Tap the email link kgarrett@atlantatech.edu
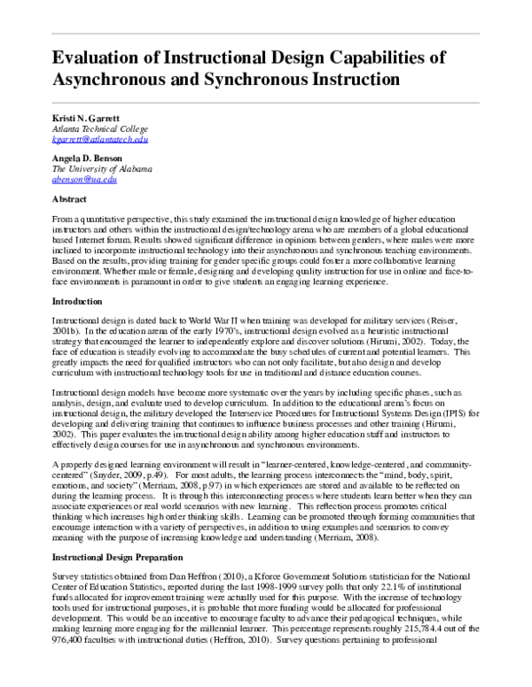point(99,140)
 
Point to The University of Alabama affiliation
point(102,168)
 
